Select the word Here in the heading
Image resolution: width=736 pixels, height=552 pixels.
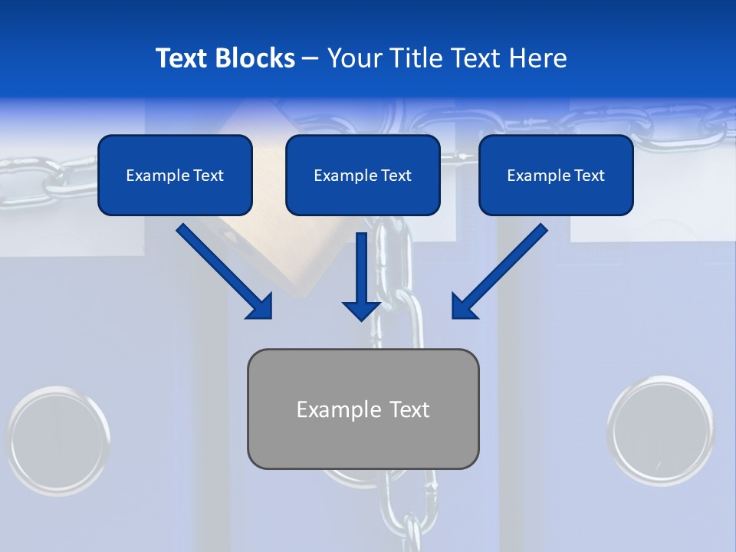pyautogui.click(x=538, y=58)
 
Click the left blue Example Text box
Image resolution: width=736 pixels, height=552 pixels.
pyautogui.click(x=175, y=176)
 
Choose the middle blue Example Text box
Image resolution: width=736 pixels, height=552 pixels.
pyautogui.click(x=363, y=176)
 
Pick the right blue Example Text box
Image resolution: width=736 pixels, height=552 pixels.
pyautogui.click(x=556, y=176)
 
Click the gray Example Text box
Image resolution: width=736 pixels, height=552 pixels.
pyautogui.click(x=363, y=409)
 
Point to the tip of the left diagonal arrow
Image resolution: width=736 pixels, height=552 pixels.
pyautogui.click(x=271, y=317)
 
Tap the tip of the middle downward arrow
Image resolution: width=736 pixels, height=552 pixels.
pyautogui.click(x=361, y=320)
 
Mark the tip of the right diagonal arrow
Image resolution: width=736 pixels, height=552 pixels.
pyautogui.click(x=453, y=317)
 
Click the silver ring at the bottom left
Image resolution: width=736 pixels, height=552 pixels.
pyautogui.click(x=58, y=440)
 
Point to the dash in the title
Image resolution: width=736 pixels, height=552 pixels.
pyautogui.click(x=310, y=58)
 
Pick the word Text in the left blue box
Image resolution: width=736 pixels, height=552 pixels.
pyautogui.click(x=209, y=176)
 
